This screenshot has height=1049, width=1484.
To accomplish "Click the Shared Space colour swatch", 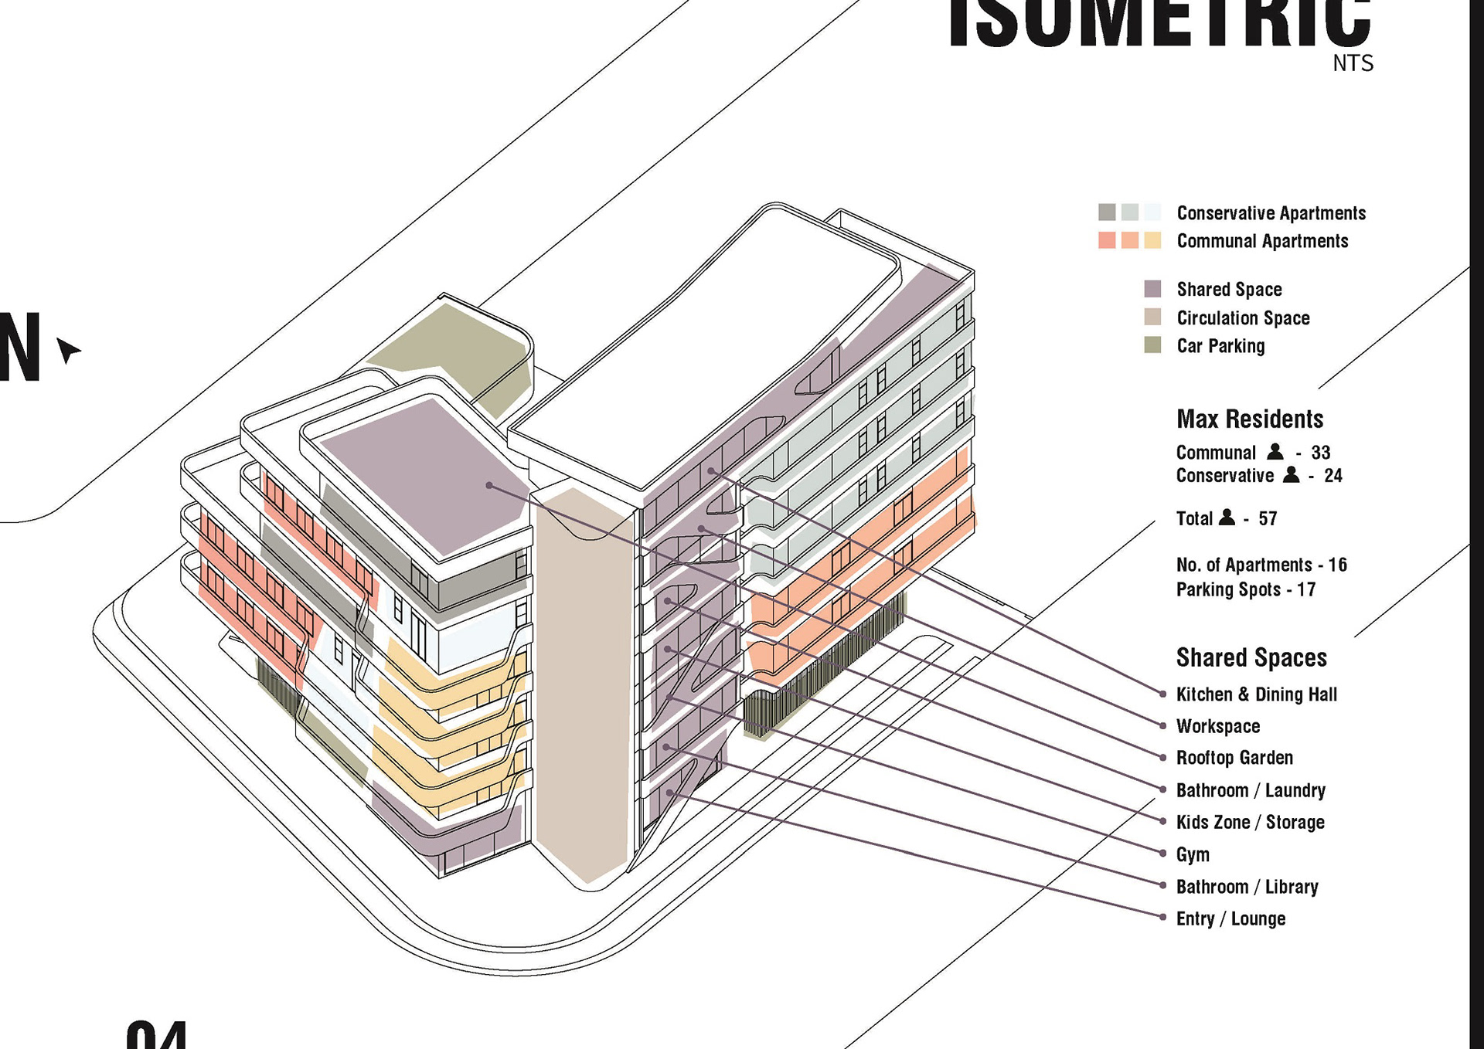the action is coord(1152,289).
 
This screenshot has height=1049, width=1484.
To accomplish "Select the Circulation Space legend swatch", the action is coord(1152,317).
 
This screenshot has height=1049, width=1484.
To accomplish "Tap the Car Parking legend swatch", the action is coord(1152,345).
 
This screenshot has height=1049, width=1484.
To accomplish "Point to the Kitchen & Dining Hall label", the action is coord(1256,694).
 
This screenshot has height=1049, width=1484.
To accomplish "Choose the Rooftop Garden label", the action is coord(1234,758).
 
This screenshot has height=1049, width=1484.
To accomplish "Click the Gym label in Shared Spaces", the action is coord(1193,854).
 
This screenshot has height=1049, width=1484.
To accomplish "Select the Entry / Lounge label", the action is coord(1230,918).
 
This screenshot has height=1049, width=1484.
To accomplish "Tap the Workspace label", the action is coord(1218,726).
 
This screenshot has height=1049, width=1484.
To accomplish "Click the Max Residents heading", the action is coord(1250,419).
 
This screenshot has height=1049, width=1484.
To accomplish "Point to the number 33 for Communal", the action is coord(1320,453).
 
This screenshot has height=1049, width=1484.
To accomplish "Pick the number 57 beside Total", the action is coord(1268,518).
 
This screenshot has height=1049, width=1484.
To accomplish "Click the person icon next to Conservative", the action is coord(1291,475).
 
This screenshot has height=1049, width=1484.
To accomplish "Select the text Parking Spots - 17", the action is coord(1245,589).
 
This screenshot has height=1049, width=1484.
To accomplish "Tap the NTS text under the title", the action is coord(1353,63).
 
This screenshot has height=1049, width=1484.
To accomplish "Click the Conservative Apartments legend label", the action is coord(1271,213).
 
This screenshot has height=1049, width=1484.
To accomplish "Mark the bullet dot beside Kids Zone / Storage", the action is coord(1162,821).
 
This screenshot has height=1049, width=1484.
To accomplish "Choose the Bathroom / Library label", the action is coord(1247,887).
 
